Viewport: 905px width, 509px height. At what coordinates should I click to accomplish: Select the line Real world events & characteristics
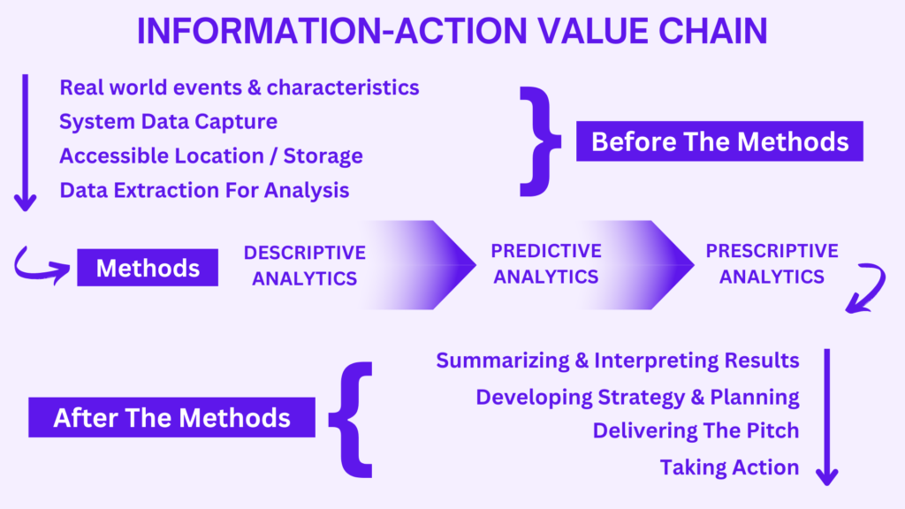point(239,87)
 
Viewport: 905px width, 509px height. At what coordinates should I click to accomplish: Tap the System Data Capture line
point(168,121)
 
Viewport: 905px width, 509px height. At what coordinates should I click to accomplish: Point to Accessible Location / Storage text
point(211,156)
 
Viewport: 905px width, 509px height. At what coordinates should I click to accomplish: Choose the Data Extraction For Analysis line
point(204,189)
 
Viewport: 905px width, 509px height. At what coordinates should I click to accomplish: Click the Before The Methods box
point(719,141)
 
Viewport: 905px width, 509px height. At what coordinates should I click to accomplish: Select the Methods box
point(147,267)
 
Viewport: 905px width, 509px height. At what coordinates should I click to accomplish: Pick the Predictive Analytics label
point(546,263)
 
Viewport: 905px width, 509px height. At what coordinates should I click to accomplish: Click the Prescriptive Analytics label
point(772,263)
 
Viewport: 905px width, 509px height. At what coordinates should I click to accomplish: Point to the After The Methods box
point(171,417)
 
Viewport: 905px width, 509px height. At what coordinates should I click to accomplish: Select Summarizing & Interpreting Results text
point(618,361)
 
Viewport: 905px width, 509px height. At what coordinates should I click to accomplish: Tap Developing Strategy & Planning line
point(637,397)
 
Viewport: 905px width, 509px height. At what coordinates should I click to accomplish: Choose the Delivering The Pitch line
point(696,430)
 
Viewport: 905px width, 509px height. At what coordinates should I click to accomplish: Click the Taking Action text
point(729,467)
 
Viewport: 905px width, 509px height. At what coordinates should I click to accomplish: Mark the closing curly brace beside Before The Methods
point(538,141)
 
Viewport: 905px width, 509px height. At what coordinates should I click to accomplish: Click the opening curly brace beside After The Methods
point(352,417)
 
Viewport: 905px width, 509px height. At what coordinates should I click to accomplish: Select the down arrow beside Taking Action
point(827,415)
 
